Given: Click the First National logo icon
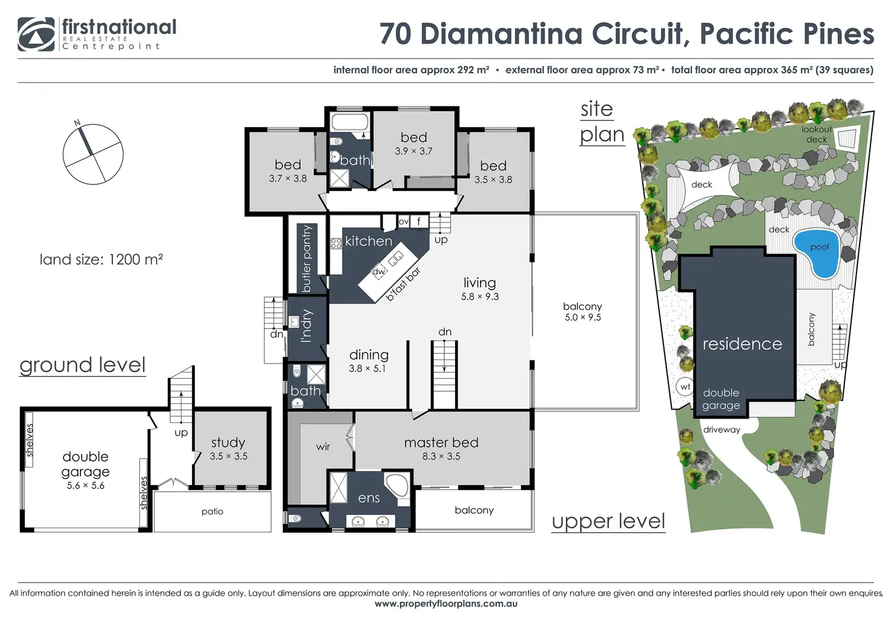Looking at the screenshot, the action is (x=36, y=34).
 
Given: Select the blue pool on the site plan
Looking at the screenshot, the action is (x=817, y=253).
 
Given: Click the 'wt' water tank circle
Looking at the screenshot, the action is (x=685, y=386).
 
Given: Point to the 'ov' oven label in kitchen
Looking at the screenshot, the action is (x=403, y=222).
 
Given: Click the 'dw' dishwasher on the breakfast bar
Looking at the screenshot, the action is (x=379, y=272).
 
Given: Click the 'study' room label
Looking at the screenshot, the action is (x=228, y=442).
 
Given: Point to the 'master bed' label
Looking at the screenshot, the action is (x=441, y=443).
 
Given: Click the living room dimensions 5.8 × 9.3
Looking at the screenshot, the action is (x=480, y=296).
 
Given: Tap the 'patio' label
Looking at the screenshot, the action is (x=212, y=512).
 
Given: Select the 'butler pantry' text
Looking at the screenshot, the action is (x=307, y=259).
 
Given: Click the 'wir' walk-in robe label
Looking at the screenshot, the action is (x=323, y=446).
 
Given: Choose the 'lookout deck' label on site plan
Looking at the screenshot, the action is (x=817, y=134).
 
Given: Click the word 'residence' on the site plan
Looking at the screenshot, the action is (x=742, y=344).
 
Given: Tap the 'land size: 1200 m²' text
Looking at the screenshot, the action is (x=101, y=259).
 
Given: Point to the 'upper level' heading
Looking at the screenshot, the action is (x=608, y=521).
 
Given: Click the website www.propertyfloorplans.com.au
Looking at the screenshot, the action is (x=446, y=604).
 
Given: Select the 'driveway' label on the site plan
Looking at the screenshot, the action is (x=722, y=429).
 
